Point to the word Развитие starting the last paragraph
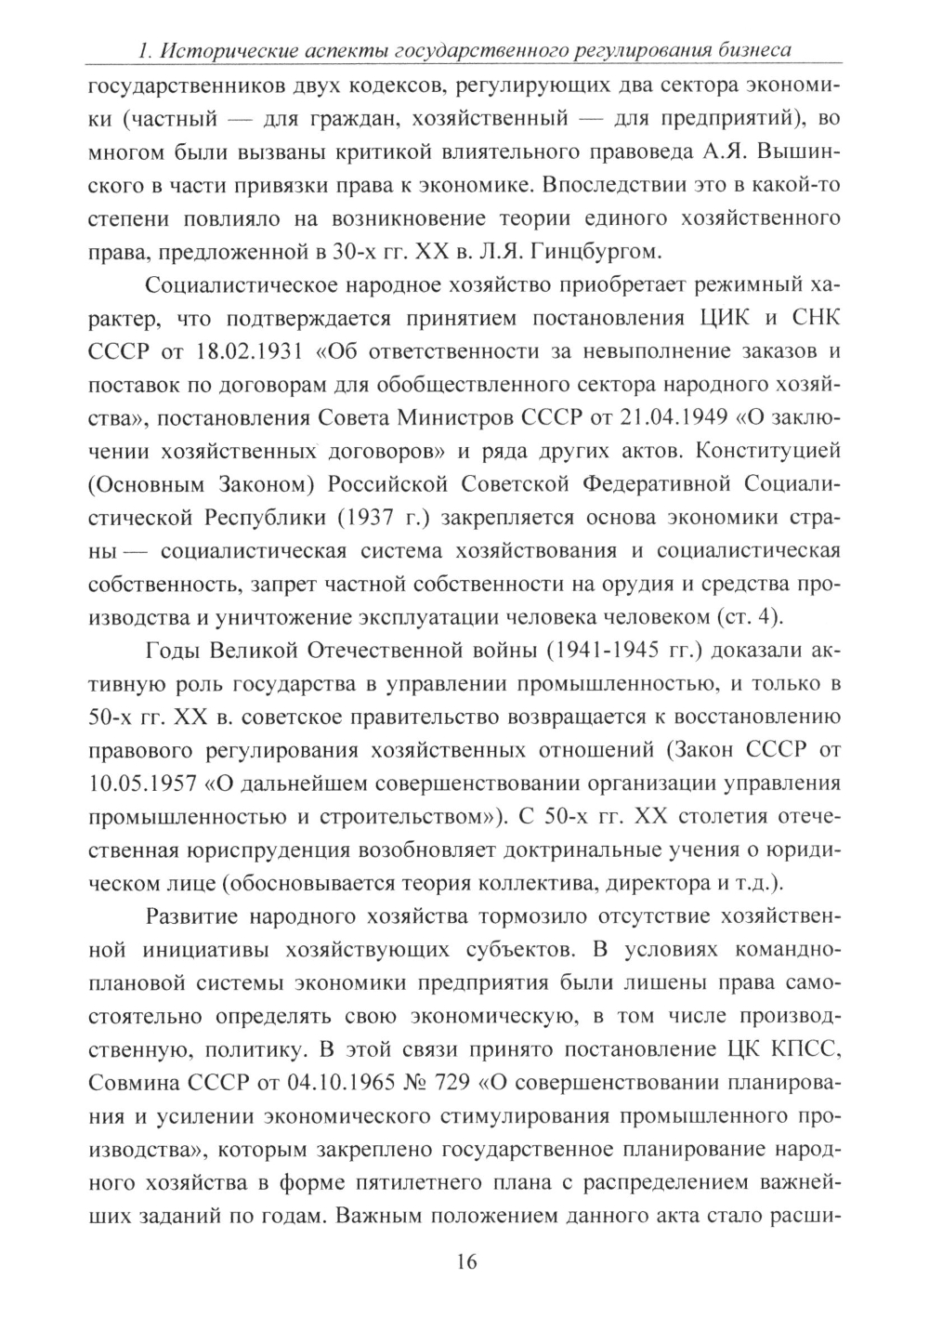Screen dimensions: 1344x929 (x=196, y=916)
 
